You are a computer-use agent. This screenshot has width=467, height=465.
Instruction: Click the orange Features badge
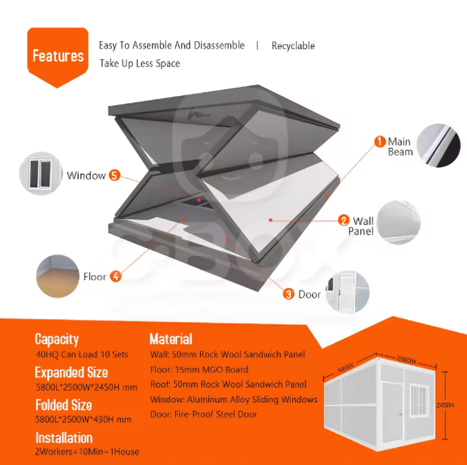[58, 55]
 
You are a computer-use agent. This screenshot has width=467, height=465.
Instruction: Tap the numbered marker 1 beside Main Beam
[380, 142]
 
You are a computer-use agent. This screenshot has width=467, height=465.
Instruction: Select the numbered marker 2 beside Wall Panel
[343, 220]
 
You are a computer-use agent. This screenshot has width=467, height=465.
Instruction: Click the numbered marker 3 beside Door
[289, 294]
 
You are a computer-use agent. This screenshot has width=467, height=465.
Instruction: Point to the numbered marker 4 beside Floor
[116, 277]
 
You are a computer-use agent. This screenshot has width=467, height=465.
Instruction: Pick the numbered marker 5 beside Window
[114, 175]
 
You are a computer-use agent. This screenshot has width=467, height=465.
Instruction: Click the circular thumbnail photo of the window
[42, 173]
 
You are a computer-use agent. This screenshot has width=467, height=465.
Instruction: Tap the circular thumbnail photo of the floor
[57, 274]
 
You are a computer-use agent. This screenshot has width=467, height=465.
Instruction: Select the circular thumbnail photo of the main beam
[438, 145]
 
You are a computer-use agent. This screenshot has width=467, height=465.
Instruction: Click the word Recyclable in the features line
[293, 46]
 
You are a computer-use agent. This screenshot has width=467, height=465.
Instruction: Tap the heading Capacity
[57, 339]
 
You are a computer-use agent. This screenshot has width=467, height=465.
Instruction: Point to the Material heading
[171, 339]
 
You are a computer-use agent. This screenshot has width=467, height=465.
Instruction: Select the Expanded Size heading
[71, 373]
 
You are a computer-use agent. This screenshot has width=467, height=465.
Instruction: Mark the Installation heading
[64, 438]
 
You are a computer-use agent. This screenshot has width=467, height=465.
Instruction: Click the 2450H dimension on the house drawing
[445, 405]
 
